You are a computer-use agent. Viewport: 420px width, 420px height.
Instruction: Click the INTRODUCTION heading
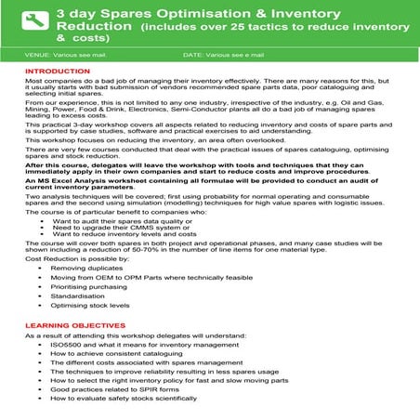[x=58, y=72]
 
